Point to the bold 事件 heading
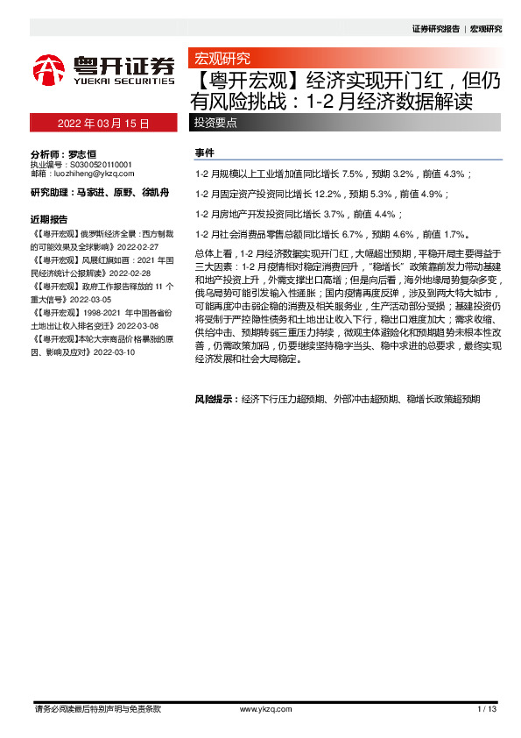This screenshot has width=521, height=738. coord(204,153)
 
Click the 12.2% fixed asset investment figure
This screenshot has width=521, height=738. coord(328,195)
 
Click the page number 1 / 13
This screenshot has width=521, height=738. coord(487,708)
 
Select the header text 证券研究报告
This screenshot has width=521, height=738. coord(435,29)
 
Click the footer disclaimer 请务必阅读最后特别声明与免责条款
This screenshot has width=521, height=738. coord(96,708)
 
